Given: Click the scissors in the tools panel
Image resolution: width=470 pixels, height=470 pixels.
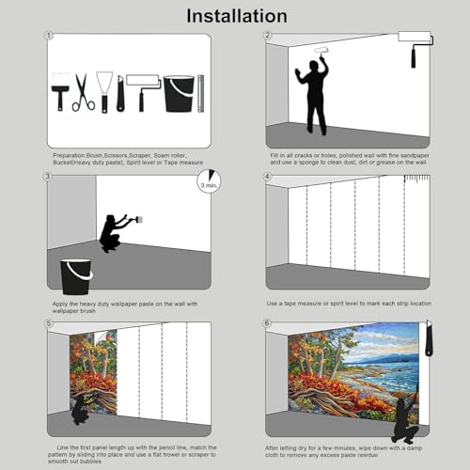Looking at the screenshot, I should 84,93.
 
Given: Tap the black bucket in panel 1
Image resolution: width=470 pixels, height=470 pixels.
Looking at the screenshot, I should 178,94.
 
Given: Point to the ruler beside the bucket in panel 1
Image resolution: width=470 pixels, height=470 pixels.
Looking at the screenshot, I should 200,93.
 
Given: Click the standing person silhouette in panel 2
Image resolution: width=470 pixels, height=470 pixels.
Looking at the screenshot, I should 312,92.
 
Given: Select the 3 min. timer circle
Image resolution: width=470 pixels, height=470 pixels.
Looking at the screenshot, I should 211,180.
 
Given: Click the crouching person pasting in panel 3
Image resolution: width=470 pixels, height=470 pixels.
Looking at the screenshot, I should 117,233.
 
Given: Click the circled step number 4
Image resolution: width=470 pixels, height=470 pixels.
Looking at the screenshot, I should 267,177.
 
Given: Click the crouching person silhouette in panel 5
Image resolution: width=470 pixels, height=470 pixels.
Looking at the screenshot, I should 88,408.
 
